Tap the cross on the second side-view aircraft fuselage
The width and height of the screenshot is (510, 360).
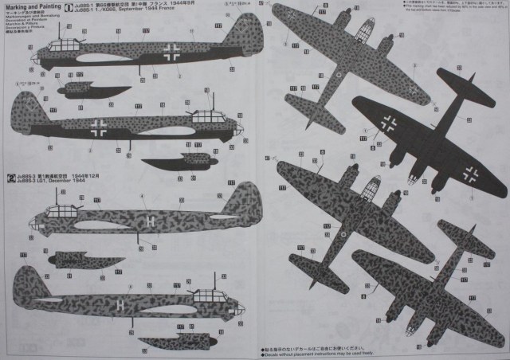coord(99,126)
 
